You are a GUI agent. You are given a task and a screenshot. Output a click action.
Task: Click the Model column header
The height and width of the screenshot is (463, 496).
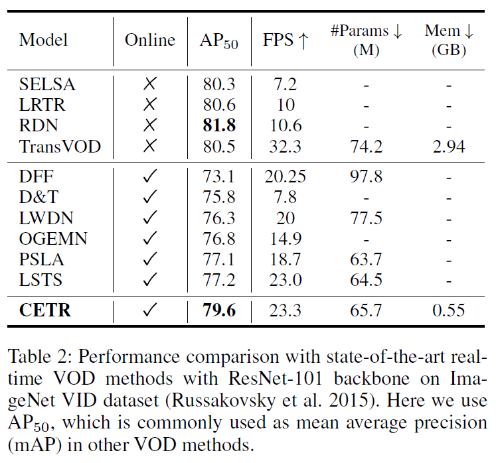coord(43,40)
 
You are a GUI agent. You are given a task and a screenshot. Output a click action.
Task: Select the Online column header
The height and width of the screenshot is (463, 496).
coord(150,40)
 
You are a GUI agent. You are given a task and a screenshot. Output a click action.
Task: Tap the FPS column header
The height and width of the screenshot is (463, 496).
coord(285,40)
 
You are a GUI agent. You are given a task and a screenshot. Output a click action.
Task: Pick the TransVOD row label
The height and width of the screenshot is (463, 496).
coord(60,145)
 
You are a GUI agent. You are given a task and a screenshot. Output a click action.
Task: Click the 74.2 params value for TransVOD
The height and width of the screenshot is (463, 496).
coord(366,145)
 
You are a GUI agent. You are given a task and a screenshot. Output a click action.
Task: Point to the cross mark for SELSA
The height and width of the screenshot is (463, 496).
coord(150,84)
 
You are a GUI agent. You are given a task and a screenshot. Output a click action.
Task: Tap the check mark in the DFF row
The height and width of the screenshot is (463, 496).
coord(150,177)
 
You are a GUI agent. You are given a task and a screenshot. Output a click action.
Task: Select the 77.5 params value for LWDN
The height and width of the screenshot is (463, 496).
coord(366,218)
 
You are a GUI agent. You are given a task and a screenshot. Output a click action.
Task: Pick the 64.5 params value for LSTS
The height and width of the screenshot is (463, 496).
coord(366,280)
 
